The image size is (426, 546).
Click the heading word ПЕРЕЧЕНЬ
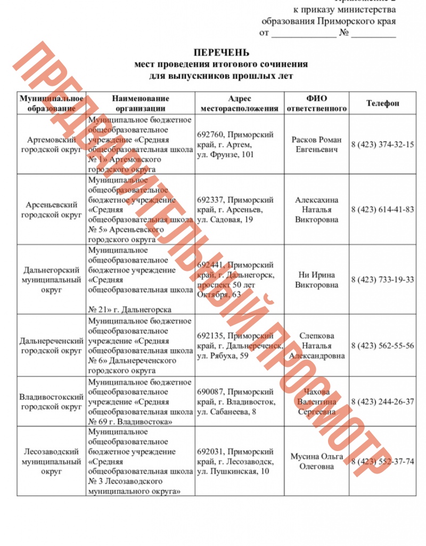221,53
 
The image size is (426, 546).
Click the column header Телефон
382,103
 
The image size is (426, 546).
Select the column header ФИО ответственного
316,103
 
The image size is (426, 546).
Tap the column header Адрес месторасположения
239,103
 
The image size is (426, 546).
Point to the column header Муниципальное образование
51,103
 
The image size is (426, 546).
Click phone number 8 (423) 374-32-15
382,144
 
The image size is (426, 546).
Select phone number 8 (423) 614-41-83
382,210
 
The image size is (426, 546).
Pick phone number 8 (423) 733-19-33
382,280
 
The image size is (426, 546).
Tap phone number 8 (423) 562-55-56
382,346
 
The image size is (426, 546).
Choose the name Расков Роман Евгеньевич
316,144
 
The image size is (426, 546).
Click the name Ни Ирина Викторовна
316,280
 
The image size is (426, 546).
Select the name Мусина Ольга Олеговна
316,461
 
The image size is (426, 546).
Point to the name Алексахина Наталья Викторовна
316,210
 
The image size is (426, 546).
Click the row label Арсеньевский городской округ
51,210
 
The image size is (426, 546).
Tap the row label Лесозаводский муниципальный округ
51,461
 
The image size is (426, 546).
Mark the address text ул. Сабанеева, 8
226,412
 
